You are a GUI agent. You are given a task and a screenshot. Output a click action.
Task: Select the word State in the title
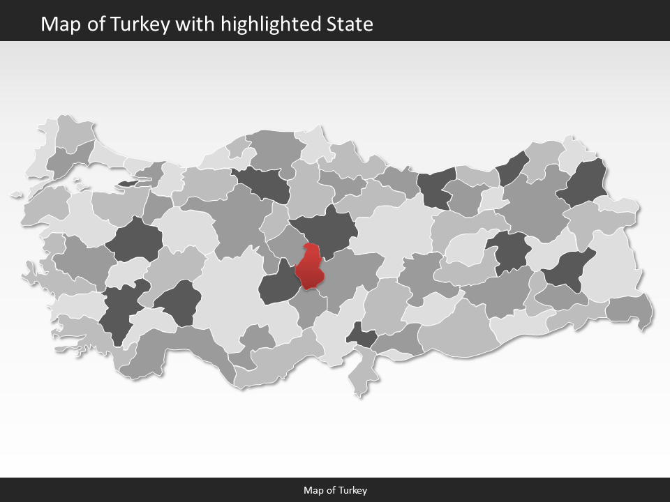click(350, 24)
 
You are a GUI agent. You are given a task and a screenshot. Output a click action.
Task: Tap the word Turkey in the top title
click(148, 24)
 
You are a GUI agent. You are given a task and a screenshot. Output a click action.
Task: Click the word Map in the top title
click(58, 24)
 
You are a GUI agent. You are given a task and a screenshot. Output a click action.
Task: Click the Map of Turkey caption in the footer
click(335, 490)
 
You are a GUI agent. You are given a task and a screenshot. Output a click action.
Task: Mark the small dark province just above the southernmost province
click(362, 335)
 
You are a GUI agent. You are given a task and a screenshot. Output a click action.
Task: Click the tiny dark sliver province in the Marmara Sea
click(128, 183)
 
